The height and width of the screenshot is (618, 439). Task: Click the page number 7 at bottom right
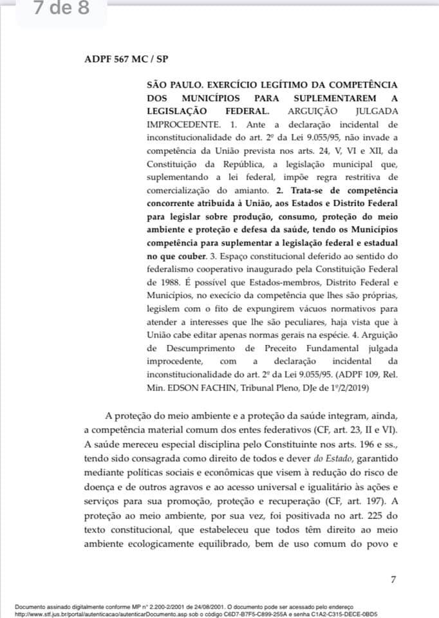(393, 562)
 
